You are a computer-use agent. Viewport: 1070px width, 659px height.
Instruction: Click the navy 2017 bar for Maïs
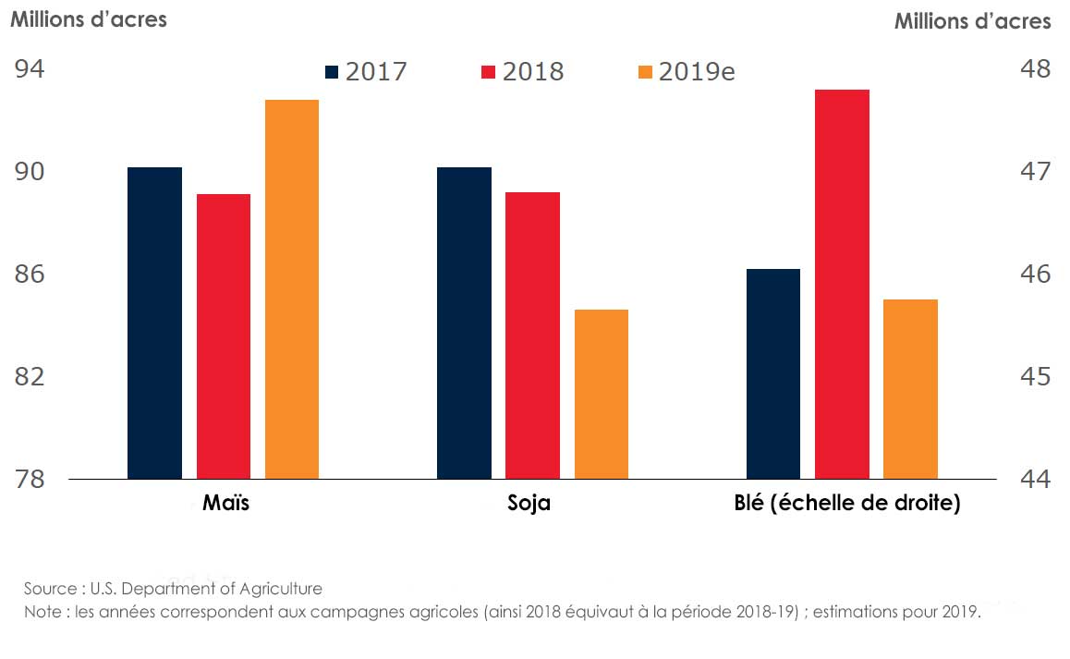pos(154,323)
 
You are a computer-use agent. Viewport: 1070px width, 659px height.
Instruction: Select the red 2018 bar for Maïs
pos(224,336)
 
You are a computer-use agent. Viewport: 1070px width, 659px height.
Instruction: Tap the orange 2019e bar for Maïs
pos(292,289)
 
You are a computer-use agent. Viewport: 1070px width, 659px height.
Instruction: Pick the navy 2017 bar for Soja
pos(464,323)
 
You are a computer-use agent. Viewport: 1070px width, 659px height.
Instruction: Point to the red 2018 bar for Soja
pos(532,336)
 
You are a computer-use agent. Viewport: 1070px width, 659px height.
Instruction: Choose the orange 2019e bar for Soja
pos(602,395)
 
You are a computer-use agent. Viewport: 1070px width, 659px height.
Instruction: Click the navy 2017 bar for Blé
pos(773,374)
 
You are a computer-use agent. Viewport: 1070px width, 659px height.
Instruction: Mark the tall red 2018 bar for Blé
pos(842,285)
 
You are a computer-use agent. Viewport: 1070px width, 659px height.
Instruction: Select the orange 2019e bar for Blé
pos(910,389)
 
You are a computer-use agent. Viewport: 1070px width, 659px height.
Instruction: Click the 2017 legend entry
pos(366,72)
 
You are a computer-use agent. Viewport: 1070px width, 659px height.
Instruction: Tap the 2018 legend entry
pos(523,72)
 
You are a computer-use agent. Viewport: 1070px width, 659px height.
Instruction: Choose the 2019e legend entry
pos(687,72)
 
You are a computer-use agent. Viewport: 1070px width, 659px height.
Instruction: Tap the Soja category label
pos(529,505)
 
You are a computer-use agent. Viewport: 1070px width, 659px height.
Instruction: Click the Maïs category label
pos(225,505)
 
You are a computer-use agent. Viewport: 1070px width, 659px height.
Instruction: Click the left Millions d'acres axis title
pos(89,19)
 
